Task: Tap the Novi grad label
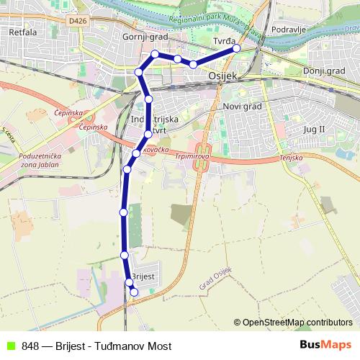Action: click(x=241, y=107)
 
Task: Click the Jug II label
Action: click(x=315, y=128)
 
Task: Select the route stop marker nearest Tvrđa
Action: click(x=236, y=48)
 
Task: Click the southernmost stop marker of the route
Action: click(x=133, y=292)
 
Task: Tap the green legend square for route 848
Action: click(x=9, y=345)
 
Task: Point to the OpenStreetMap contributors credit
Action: click(x=297, y=322)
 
